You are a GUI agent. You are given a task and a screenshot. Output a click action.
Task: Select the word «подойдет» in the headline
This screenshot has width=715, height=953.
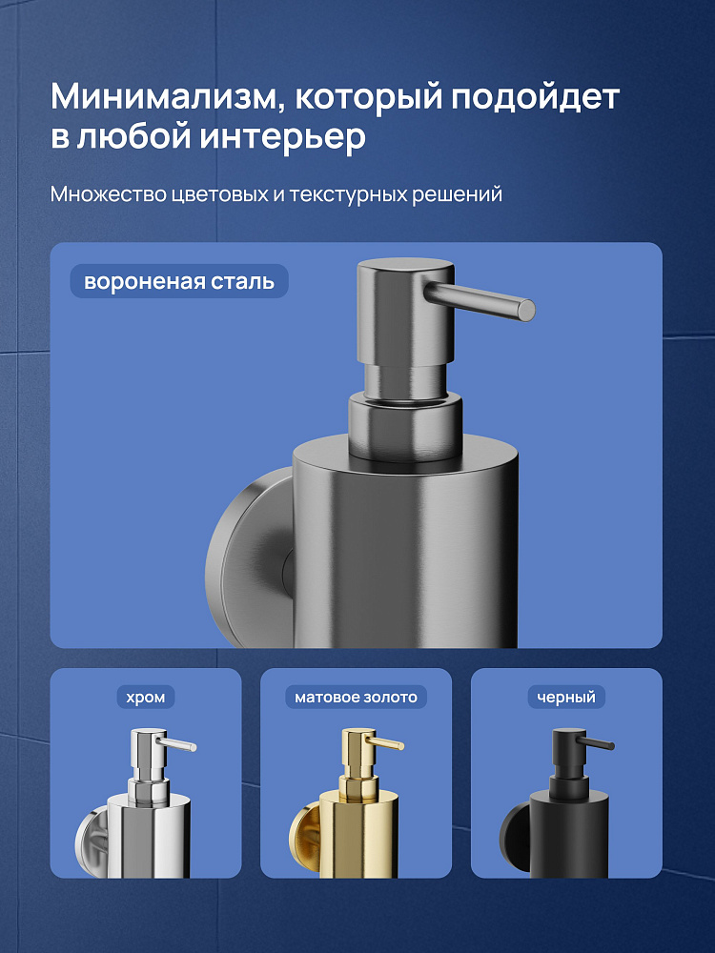coord(535,97)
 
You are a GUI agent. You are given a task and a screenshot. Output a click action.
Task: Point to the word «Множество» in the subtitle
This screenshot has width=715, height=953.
coord(108,194)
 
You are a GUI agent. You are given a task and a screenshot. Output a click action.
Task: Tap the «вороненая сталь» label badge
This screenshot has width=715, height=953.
coord(179,281)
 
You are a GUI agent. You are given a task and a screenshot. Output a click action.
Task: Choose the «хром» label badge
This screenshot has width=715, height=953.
coord(146,698)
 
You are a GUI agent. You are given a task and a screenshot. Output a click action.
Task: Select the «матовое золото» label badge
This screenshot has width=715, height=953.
coord(357,698)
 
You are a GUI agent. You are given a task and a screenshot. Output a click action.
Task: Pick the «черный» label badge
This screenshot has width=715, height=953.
coord(566,698)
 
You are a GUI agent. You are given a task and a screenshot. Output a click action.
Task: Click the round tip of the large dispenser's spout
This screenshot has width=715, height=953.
coord(526,310)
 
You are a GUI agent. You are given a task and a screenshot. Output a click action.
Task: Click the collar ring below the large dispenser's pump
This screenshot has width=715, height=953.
coord(405,425)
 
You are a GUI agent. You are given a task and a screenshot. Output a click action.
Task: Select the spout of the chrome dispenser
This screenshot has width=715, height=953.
coord(176,744)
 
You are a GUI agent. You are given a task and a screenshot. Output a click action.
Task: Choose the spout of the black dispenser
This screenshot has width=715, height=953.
coord(595,744)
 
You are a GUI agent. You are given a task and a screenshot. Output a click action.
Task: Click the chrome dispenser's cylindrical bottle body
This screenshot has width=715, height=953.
coord(149,837)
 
